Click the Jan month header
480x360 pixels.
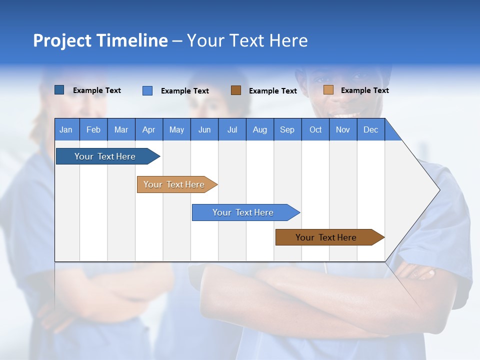coord(66,129)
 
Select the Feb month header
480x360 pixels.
coord(93,129)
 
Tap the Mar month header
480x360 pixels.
coord(121,129)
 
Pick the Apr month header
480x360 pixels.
coord(149,129)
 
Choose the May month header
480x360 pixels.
coord(176,129)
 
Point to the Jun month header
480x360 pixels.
coord(204,129)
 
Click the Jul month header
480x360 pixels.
coord(232,129)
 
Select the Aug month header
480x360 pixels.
coord(260,129)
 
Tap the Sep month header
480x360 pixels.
coord(287,129)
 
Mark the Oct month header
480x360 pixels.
coord(315,129)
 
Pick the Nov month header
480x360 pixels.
coord(343,129)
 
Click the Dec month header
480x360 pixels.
coord(371,129)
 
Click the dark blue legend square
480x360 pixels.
coord(59,90)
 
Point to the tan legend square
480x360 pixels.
coord(328,90)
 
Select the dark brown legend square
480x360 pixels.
coord(236,90)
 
